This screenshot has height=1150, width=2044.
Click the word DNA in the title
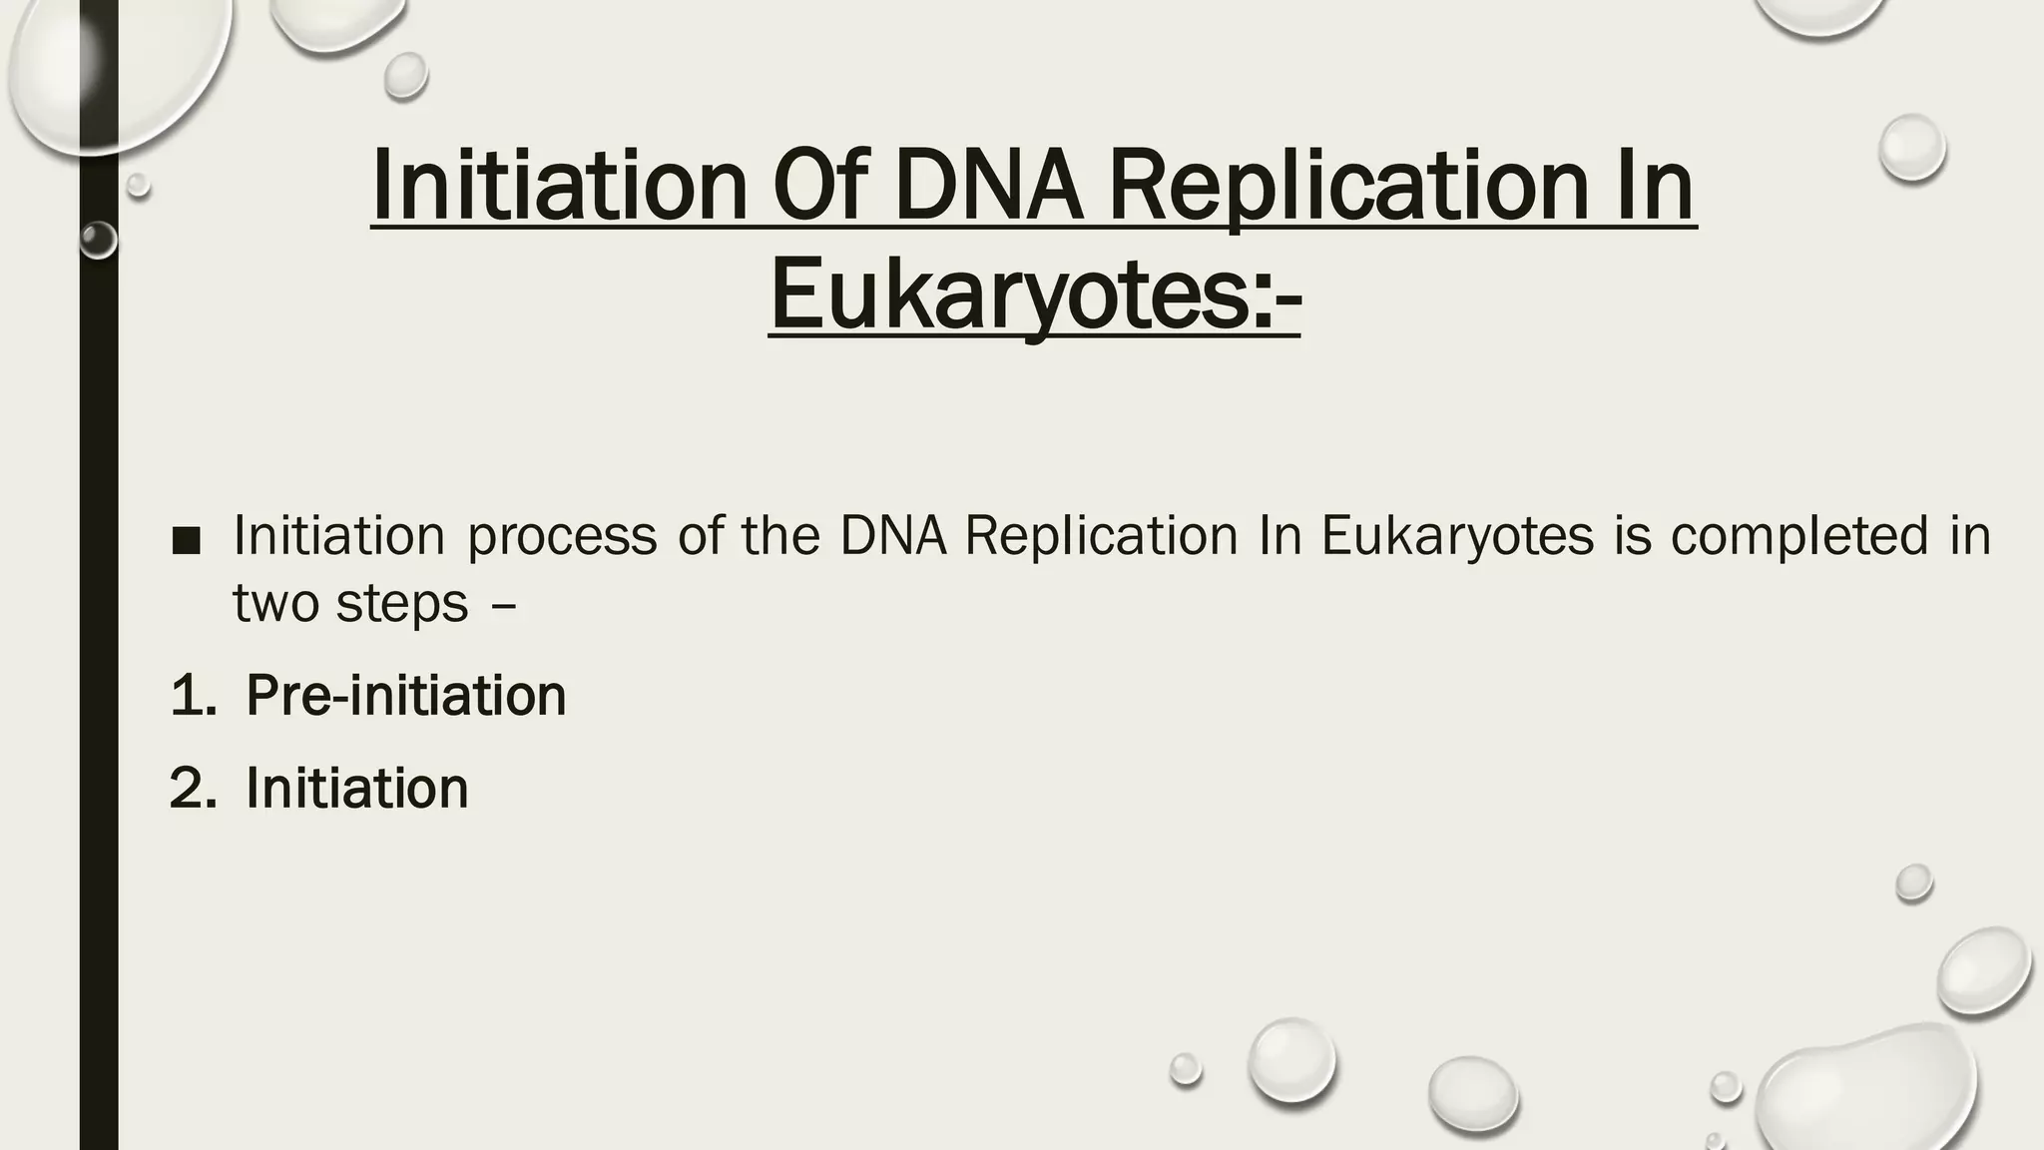988,186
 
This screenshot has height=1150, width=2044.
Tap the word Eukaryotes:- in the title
1035,295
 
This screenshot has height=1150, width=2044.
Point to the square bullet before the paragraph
186,541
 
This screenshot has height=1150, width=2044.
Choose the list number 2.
193,789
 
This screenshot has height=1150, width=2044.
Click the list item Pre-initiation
405,696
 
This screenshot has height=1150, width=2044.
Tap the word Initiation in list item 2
356,789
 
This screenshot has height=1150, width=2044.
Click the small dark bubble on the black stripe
98,241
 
